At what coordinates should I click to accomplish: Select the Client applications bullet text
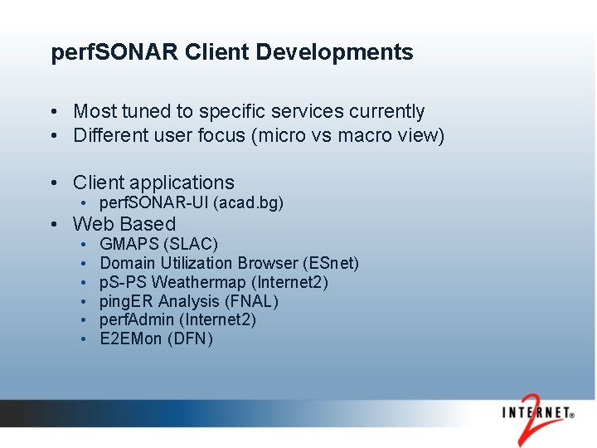[153, 183]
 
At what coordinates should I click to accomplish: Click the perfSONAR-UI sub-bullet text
[154, 203]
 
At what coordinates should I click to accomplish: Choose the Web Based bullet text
[124, 224]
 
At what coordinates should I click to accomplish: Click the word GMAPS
[129, 244]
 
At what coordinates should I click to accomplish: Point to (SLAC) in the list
[192, 244]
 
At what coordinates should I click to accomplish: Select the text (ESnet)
[332, 263]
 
